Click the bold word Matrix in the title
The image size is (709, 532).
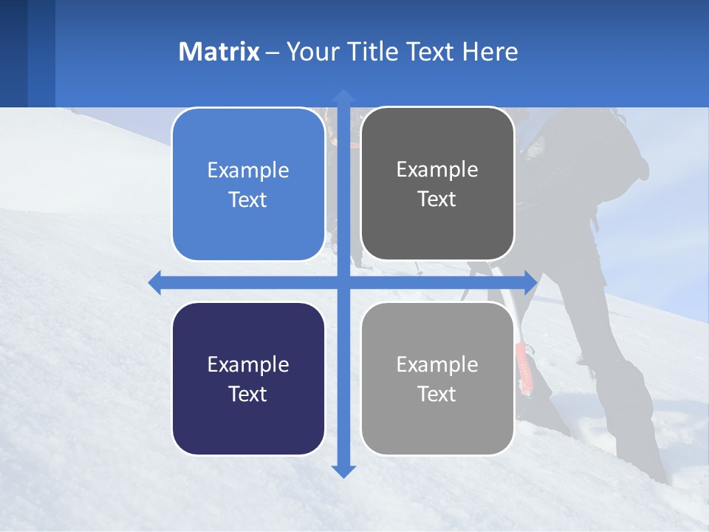[219, 52]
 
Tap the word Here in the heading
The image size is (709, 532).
[490, 52]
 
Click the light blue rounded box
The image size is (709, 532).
[248, 185]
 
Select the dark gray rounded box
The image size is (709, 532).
[437, 184]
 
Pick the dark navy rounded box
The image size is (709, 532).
[248, 378]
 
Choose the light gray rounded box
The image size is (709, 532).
[437, 378]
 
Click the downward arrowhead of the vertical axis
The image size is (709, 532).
[343, 471]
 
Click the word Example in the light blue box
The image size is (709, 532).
[248, 170]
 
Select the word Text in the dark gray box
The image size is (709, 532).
[437, 199]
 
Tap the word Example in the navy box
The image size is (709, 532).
[248, 364]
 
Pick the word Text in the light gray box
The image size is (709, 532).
[437, 394]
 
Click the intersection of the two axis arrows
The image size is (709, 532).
[343, 282]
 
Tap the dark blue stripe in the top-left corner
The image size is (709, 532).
[13, 52]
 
